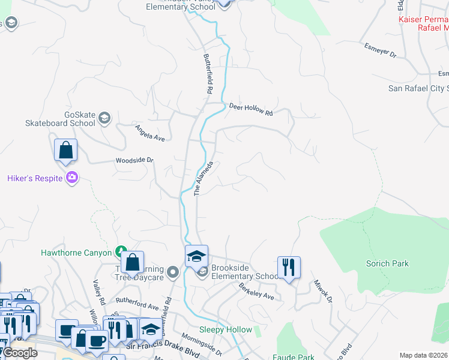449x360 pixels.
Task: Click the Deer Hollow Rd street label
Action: tap(251, 109)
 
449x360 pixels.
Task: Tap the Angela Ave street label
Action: tap(149, 133)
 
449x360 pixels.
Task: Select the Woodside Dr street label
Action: tap(134, 161)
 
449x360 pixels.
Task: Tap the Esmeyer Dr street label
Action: tap(381, 50)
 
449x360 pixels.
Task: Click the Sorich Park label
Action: tap(387, 263)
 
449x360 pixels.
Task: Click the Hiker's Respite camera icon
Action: tap(72, 177)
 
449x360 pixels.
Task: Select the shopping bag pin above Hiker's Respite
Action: tap(66, 150)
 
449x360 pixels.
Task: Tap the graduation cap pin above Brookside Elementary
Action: tap(196, 256)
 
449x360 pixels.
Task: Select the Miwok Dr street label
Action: tap(322, 293)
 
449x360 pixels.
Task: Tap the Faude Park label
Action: tap(297, 357)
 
